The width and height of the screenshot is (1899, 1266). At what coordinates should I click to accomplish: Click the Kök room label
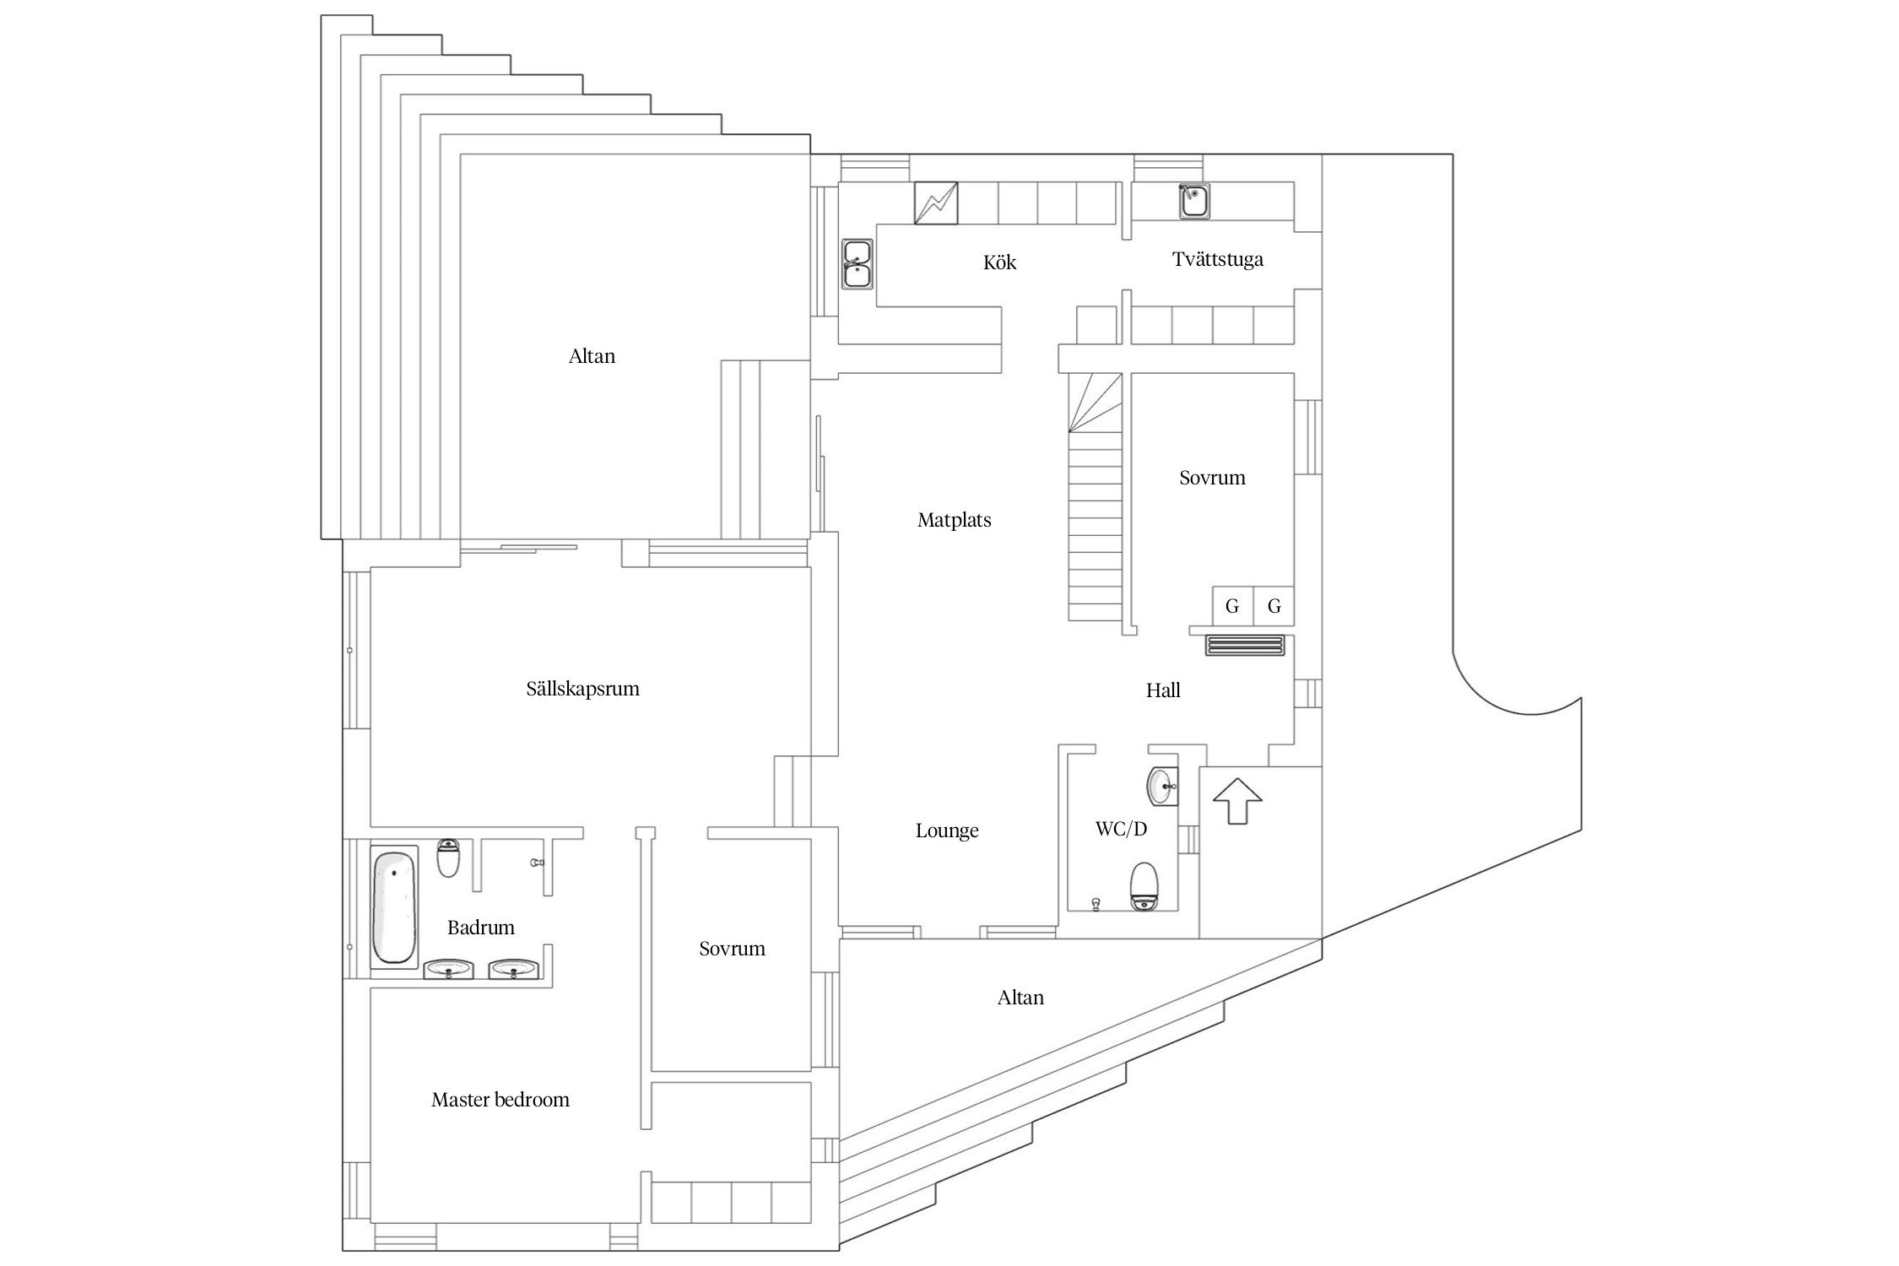(999, 262)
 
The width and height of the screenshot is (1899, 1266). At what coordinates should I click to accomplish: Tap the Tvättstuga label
(1217, 259)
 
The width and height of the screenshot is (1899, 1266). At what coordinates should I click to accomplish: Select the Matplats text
(954, 520)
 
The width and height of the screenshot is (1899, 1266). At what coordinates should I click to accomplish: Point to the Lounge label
(947, 830)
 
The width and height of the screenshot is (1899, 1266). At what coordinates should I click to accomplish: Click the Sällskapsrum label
(582, 689)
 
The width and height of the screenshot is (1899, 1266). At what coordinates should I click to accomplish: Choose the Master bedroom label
(500, 1100)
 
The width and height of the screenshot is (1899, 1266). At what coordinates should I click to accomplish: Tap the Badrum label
(480, 928)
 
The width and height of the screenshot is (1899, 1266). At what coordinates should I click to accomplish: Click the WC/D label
(1121, 829)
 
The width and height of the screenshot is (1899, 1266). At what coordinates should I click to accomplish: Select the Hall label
(1163, 690)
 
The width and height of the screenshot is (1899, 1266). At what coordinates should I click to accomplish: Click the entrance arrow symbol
(1236, 800)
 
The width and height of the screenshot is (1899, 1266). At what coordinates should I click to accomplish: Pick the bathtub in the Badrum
(394, 907)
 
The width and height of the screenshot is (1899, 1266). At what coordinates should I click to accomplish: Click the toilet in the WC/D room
(1144, 886)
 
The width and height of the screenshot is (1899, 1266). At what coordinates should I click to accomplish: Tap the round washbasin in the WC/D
(1162, 787)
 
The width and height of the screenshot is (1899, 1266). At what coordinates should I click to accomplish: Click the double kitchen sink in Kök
(857, 263)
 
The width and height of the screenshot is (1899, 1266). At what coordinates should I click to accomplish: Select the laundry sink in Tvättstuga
(1194, 202)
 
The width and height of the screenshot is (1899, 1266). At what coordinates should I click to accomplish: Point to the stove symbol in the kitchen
(936, 203)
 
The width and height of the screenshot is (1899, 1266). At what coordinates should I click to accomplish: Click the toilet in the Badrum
(448, 858)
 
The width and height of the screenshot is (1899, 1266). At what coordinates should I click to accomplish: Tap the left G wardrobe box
(1232, 605)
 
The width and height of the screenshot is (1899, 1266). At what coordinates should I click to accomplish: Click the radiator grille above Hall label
(1245, 646)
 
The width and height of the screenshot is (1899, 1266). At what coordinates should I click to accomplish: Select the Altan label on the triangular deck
(1020, 998)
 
